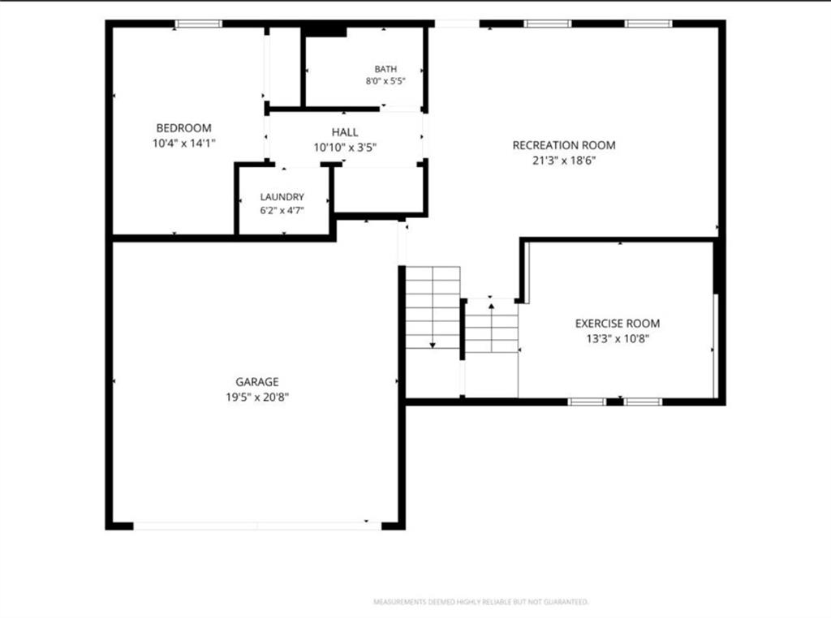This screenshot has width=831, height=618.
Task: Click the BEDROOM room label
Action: coord(183,127)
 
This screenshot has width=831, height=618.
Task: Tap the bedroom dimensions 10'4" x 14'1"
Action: coord(184,143)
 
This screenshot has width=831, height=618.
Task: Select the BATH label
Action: coord(385,69)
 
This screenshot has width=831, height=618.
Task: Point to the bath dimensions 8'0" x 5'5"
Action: coord(385,81)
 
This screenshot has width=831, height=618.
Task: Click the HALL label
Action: coord(344,132)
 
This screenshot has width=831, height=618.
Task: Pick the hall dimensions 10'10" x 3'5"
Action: coord(344,148)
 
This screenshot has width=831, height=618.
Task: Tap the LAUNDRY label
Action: coord(282,197)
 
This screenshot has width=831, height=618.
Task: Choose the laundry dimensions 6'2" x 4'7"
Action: coord(282,210)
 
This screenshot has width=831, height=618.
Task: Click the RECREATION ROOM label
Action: coord(564,145)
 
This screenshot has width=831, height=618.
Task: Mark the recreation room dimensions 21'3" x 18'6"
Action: coord(564,161)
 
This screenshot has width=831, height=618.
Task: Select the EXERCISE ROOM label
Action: coord(618,323)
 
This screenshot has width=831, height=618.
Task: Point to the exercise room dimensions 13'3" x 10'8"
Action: coord(618,338)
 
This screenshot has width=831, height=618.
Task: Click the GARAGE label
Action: coord(257,381)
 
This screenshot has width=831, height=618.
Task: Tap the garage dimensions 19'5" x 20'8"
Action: coord(257,397)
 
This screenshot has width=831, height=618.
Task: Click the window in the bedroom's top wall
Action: coord(199,24)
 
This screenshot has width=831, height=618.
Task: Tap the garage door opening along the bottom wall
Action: coord(257,526)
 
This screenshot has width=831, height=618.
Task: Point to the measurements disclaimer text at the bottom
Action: coord(480,602)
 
